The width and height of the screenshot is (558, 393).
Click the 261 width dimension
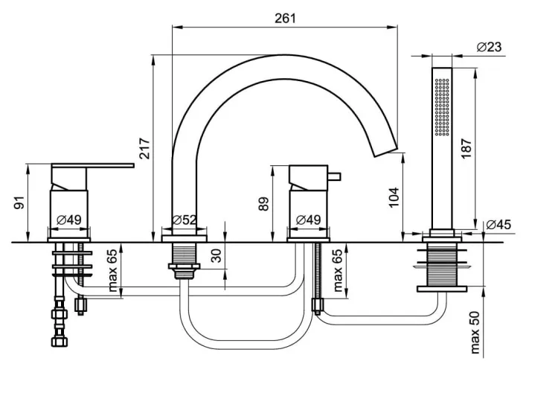coord(285,18)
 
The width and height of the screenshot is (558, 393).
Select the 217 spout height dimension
coord(144,148)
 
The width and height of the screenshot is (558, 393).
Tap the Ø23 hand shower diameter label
coord(489,47)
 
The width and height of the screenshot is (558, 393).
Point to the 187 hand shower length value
coord(466,148)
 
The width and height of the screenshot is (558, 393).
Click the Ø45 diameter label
coord(498,225)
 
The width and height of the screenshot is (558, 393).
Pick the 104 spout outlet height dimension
coord(394,197)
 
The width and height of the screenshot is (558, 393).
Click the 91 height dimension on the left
coord(19,202)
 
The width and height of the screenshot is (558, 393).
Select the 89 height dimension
coord(263,204)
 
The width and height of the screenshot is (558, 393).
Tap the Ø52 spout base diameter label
coord(184,220)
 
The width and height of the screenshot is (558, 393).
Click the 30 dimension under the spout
coord(216,255)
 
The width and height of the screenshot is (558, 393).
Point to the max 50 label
coord(475,333)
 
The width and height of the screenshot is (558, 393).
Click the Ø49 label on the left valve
coord(69,220)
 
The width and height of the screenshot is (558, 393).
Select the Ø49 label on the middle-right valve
coord(308,220)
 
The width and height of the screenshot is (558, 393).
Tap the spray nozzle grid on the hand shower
coord(443,106)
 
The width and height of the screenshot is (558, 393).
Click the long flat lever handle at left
coord(92,165)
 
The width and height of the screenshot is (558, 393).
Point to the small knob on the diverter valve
coord(334,176)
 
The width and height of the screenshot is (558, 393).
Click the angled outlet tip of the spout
coord(385,151)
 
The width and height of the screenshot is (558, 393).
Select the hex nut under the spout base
coord(184,266)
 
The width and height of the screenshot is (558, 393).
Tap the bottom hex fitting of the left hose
coord(60,342)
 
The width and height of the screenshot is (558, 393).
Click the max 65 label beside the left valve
coord(112,270)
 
